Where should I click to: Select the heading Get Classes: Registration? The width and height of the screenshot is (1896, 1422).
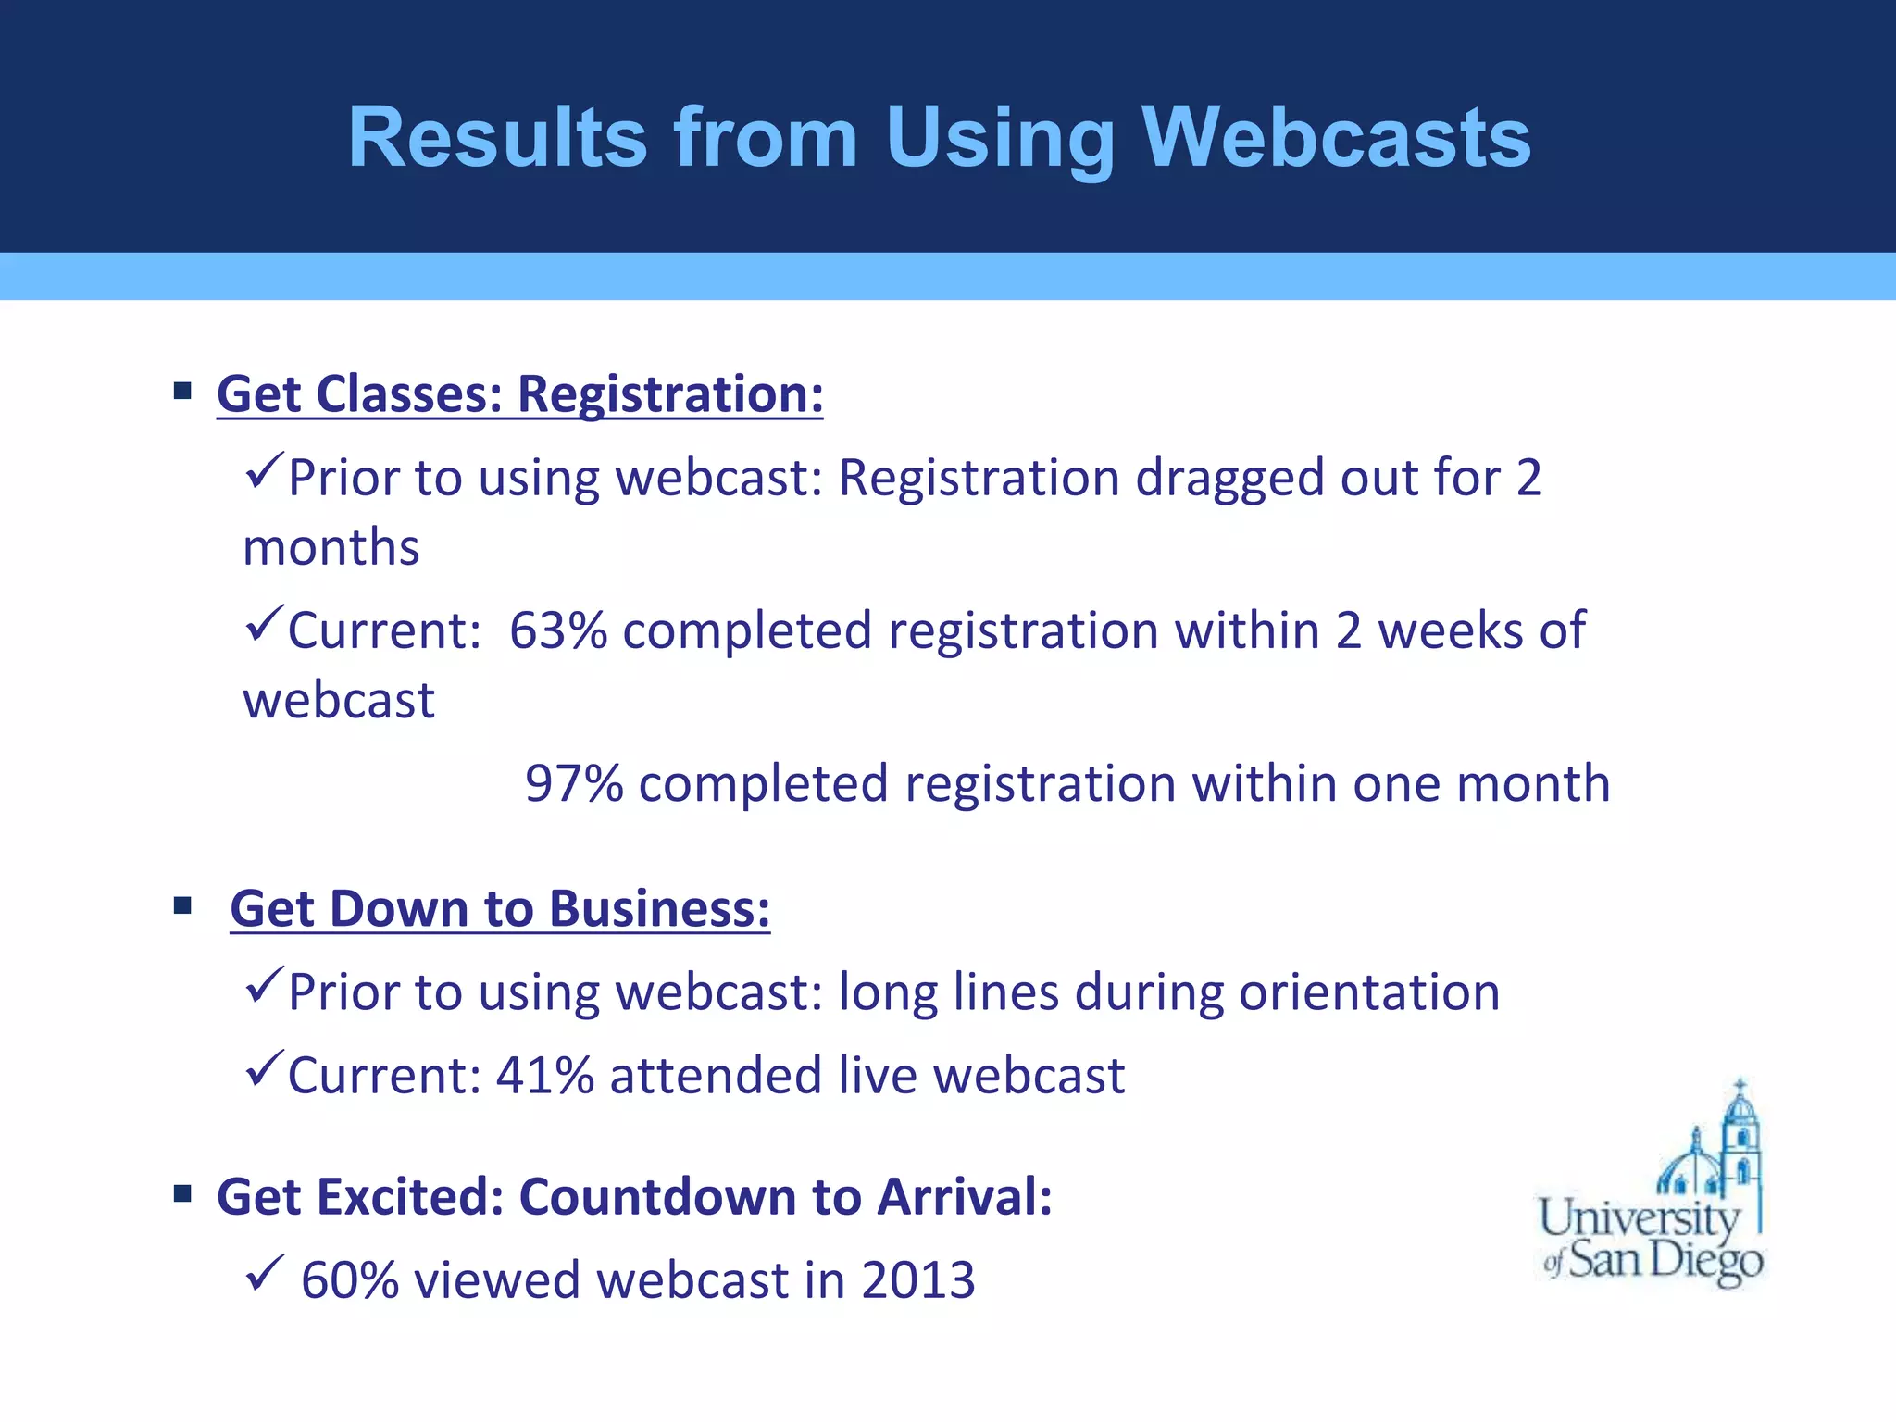point(519,393)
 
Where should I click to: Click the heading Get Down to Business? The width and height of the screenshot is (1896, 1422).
point(500,908)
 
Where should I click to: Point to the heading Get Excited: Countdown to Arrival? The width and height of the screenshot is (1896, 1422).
point(634,1196)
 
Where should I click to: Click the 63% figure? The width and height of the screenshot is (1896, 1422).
point(557,630)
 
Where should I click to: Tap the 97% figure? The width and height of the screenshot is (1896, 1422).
point(574,783)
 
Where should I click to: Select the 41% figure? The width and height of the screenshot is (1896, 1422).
point(544,1076)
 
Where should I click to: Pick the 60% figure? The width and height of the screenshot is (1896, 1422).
point(349,1280)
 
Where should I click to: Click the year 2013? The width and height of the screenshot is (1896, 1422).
point(917,1280)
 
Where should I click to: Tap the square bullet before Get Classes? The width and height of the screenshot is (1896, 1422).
point(182,391)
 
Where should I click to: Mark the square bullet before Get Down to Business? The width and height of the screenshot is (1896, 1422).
point(182,905)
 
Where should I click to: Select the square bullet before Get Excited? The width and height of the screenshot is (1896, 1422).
point(182,1194)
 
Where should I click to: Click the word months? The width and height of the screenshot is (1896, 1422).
point(331,547)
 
